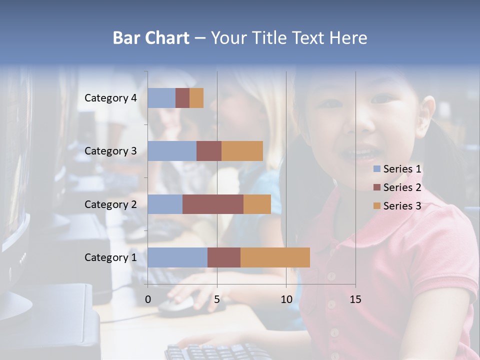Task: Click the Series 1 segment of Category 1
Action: [x=177, y=257]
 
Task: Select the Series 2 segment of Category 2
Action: [x=213, y=204]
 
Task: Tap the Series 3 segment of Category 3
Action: [x=242, y=151]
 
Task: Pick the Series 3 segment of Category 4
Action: [x=196, y=98]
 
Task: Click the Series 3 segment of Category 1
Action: [x=275, y=257]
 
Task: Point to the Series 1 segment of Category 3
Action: [x=172, y=151]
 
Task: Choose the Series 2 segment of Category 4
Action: [x=182, y=98]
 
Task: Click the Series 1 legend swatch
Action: [x=376, y=169]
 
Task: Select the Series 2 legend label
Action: [x=402, y=187]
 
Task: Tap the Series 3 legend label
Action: [x=402, y=206]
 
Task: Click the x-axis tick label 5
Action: [x=217, y=299]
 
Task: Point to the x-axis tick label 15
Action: [x=355, y=299]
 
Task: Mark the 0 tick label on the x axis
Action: [x=148, y=299]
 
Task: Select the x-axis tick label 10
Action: [x=286, y=299]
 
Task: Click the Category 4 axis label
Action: [x=110, y=98]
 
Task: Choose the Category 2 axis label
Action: [x=110, y=204]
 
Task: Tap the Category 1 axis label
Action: [x=110, y=257]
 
